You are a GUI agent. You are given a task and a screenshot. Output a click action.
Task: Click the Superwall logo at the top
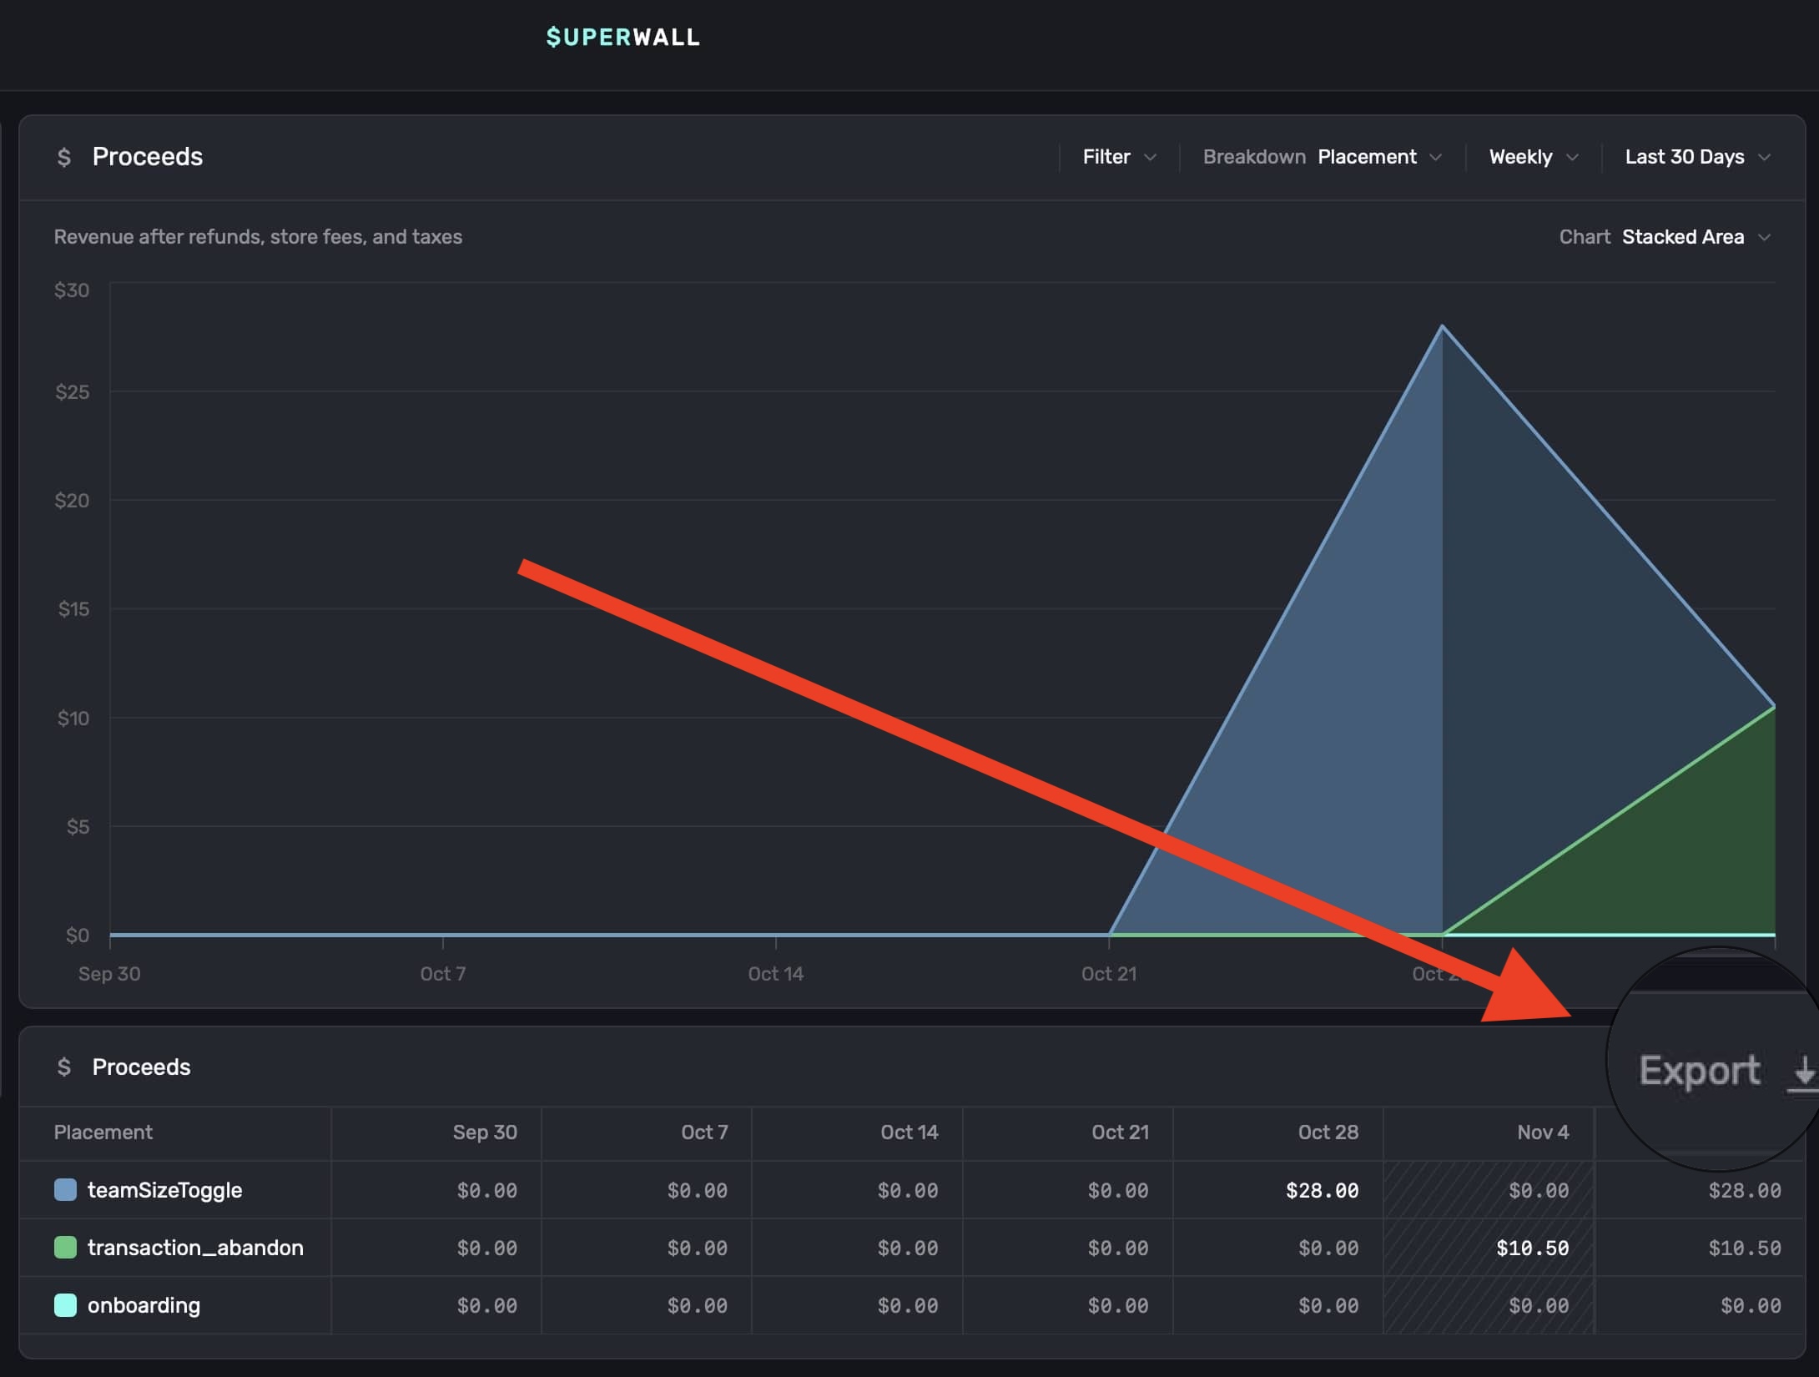(x=622, y=38)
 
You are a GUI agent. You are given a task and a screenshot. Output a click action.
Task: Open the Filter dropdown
(x=1119, y=157)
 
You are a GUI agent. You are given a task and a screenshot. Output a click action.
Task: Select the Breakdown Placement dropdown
(x=1378, y=157)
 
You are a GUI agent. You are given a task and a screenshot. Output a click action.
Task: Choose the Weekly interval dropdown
(x=1533, y=157)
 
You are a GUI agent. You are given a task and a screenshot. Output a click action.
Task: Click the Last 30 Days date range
(x=1696, y=157)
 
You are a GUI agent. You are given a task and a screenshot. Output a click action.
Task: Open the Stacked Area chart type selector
(x=1694, y=237)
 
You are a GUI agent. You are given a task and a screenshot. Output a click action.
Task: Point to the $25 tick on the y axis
(x=73, y=392)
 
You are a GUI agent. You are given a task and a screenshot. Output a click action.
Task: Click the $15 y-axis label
(x=73, y=609)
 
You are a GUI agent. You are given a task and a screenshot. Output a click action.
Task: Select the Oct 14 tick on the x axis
(x=776, y=973)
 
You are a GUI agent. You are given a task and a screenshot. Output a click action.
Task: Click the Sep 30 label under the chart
(x=109, y=973)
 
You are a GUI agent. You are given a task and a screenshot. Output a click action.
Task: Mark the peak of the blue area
(x=1442, y=327)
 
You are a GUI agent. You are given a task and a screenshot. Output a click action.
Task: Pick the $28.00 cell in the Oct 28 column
(x=1322, y=1190)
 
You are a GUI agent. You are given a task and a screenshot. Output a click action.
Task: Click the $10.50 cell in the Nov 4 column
(x=1532, y=1248)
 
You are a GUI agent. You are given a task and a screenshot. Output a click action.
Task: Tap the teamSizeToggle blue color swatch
(x=65, y=1190)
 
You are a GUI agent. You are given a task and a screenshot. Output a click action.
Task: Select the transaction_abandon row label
(x=195, y=1248)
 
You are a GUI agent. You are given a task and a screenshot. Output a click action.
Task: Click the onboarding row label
(x=144, y=1305)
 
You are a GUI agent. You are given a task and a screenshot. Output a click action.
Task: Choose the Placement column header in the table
(x=103, y=1132)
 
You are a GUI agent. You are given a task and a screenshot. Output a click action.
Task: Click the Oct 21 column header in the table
(x=1120, y=1132)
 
